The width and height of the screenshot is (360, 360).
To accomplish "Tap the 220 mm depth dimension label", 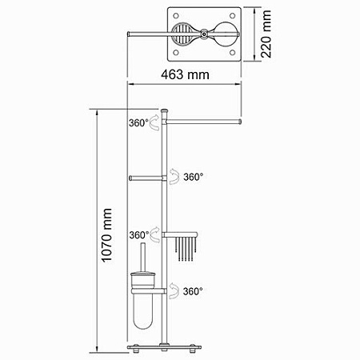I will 267,34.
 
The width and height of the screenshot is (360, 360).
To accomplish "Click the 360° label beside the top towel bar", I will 138,123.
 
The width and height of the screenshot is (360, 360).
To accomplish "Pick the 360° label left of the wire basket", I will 138,235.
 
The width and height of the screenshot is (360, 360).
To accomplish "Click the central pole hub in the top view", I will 205,34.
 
